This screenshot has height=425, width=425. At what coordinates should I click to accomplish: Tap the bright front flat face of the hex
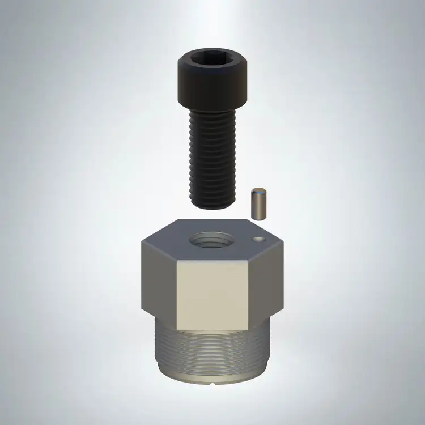[214, 295]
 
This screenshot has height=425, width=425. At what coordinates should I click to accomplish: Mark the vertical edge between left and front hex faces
[177, 295]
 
